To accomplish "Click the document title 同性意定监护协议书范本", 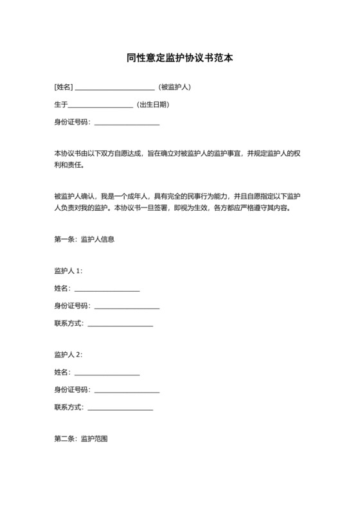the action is pos(179,57).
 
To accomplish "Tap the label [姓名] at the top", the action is pos(64,87).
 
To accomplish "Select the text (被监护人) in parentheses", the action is pos(174,87).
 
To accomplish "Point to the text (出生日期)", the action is pos(153,104).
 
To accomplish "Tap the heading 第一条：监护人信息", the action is pos(84,240).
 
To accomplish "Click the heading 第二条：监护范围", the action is pos(81,439).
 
